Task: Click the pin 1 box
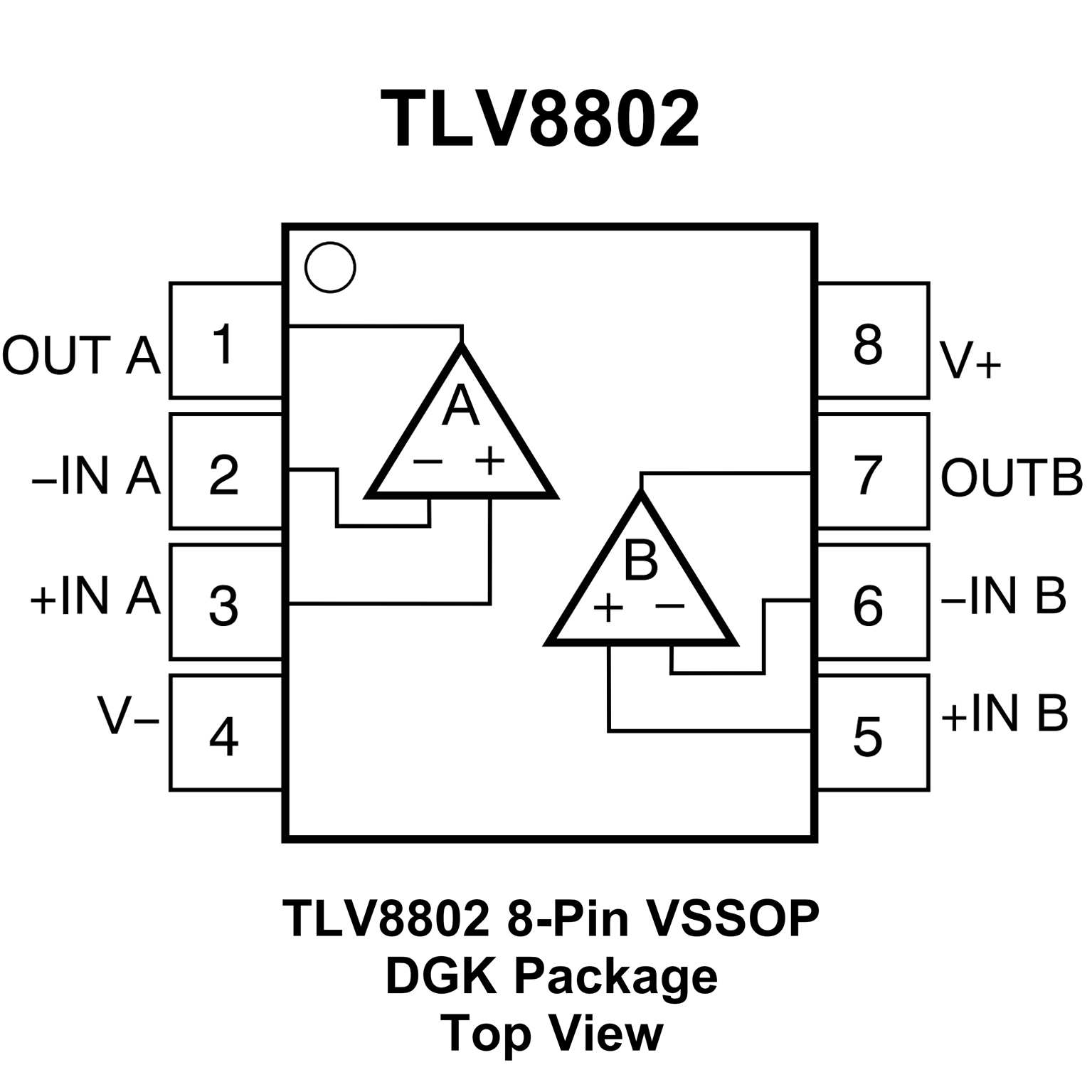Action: pos(226,341)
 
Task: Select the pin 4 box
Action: pos(226,733)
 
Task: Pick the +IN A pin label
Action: pos(95,595)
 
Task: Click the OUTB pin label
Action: pos(1011,477)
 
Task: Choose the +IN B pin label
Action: pos(1004,713)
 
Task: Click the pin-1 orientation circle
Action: pos(330,267)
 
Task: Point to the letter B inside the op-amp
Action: pos(640,559)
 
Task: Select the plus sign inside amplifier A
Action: pos(490,461)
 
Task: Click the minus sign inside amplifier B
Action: pos(669,606)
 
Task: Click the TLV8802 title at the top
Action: pos(541,120)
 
